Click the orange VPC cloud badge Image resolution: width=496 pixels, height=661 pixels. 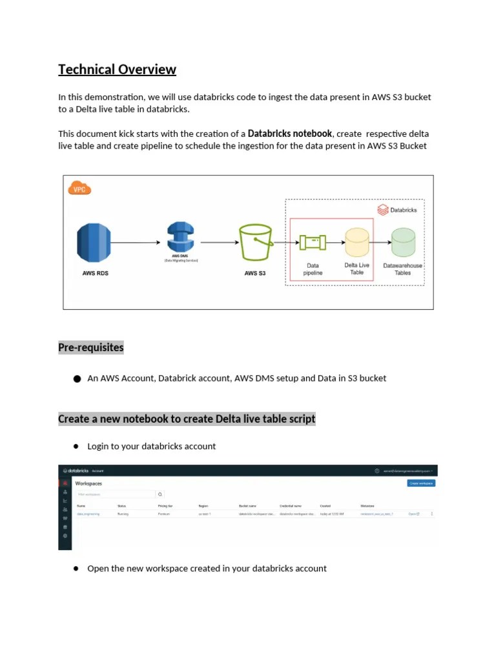click(79, 188)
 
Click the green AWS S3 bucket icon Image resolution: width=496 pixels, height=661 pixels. click(255, 243)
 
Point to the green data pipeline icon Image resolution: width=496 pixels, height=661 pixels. click(313, 243)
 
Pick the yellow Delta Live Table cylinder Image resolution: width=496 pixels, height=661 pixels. click(356, 243)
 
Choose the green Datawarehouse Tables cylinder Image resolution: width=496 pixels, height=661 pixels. click(403, 243)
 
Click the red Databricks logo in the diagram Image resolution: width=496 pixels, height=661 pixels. click(382, 210)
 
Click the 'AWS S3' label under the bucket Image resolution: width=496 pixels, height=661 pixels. click(254, 273)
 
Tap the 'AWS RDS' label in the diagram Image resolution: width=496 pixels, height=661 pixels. click(95, 273)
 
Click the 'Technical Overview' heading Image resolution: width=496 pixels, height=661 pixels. click(117, 70)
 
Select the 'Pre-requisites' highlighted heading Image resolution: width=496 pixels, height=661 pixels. click(90, 347)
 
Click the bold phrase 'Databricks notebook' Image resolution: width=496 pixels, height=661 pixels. click(289, 134)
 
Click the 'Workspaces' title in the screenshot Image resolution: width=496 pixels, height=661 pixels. click(88, 483)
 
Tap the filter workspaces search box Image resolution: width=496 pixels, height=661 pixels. click(116, 494)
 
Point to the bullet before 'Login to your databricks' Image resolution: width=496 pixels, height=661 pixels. click(76, 446)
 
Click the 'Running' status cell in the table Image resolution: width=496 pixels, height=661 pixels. click(123, 514)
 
